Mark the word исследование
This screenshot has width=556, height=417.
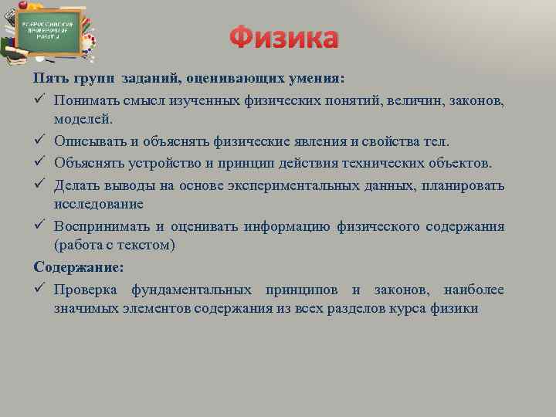pyautogui.click(x=98, y=204)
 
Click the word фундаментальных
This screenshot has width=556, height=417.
pyautogui.click(x=192, y=290)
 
